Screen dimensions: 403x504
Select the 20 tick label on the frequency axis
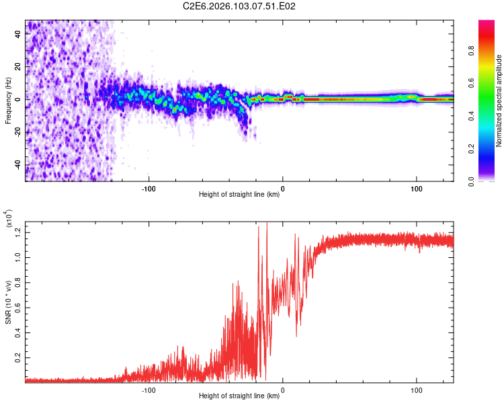[x=18, y=67]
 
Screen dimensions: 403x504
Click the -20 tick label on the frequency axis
[x=18, y=132]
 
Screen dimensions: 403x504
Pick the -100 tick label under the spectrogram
[x=149, y=188]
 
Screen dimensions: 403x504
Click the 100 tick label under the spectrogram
[x=416, y=188]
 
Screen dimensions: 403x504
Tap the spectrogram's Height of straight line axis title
[x=239, y=195]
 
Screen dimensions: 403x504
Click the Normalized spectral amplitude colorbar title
[x=499, y=101]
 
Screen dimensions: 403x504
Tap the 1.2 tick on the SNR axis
[x=18, y=232]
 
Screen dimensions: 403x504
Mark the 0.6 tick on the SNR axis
[x=18, y=307]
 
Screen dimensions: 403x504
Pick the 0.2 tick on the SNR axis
[x=18, y=357]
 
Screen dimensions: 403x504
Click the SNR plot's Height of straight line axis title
[x=239, y=397]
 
